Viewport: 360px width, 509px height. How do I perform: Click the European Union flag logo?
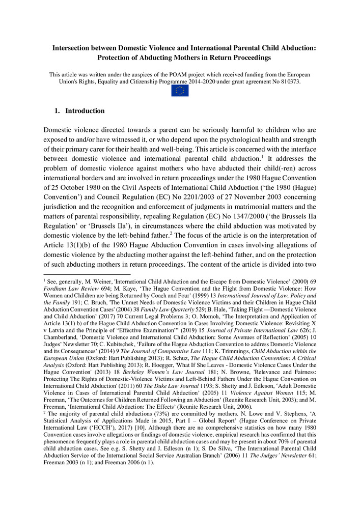point(180,91)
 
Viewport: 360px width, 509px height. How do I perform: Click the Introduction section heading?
point(85,111)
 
